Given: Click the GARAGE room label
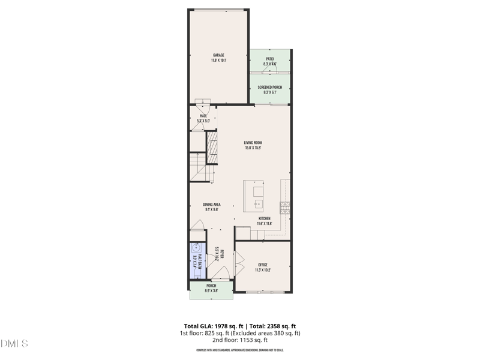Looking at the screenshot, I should [218, 55].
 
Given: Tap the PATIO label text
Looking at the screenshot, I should [270, 59].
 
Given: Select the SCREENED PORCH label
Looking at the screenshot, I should [270, 87].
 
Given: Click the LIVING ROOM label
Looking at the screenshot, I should [253, 143].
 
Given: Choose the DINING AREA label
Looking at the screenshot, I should [211, 205].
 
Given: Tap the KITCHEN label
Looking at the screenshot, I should [265, 218].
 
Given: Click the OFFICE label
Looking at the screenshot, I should [263, 265].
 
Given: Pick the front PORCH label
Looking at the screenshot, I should [211, 286].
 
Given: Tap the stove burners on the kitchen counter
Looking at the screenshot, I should [284, 208].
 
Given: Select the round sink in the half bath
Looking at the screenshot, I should [196, 247].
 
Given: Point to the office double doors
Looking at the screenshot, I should [239, 262].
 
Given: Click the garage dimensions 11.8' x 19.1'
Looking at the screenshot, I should [218, 61].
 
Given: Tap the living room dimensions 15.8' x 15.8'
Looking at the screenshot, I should [253, 148].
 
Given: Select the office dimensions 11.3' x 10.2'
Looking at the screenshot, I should [263, 270].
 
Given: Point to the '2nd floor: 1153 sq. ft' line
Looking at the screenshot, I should [240, 340].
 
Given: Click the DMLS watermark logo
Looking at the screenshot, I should [14, 343].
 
